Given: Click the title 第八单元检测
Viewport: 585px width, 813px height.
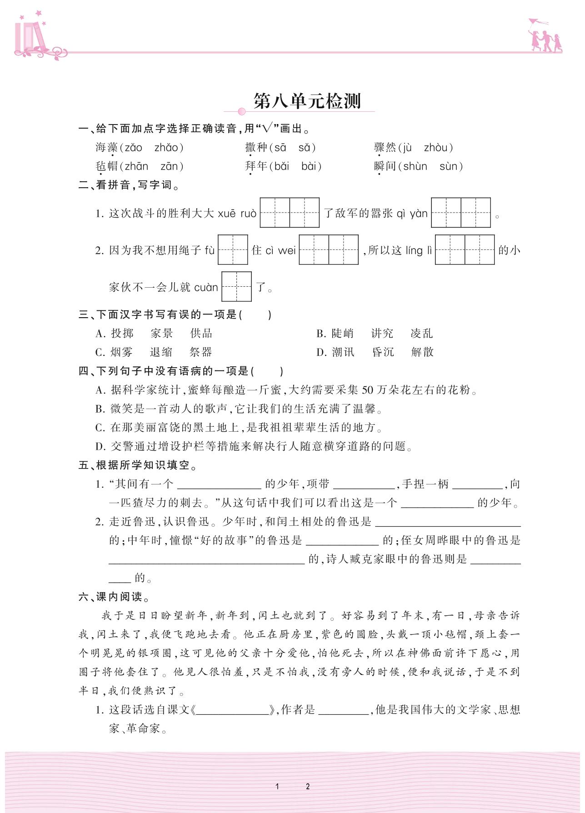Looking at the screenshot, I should (307, 101).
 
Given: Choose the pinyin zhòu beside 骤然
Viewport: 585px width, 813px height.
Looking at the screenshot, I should (435, 148).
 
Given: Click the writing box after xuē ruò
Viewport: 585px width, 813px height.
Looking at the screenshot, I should (290, 212).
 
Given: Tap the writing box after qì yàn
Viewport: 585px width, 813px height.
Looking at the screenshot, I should (460, 212).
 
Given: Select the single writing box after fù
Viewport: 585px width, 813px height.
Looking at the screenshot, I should (233, 249).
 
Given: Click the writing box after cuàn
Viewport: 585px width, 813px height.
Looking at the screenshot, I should (236, 286).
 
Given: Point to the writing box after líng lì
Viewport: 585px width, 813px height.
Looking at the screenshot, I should (465, 249).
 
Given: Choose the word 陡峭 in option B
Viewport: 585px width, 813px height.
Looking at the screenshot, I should (342, 334).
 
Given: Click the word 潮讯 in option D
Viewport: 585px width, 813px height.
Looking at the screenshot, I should (342, 352).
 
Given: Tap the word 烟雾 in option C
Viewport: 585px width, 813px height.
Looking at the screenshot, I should (121, 352).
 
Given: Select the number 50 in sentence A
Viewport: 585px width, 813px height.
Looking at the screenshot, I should (367, 390).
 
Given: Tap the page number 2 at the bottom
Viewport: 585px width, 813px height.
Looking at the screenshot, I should (308, 786).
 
